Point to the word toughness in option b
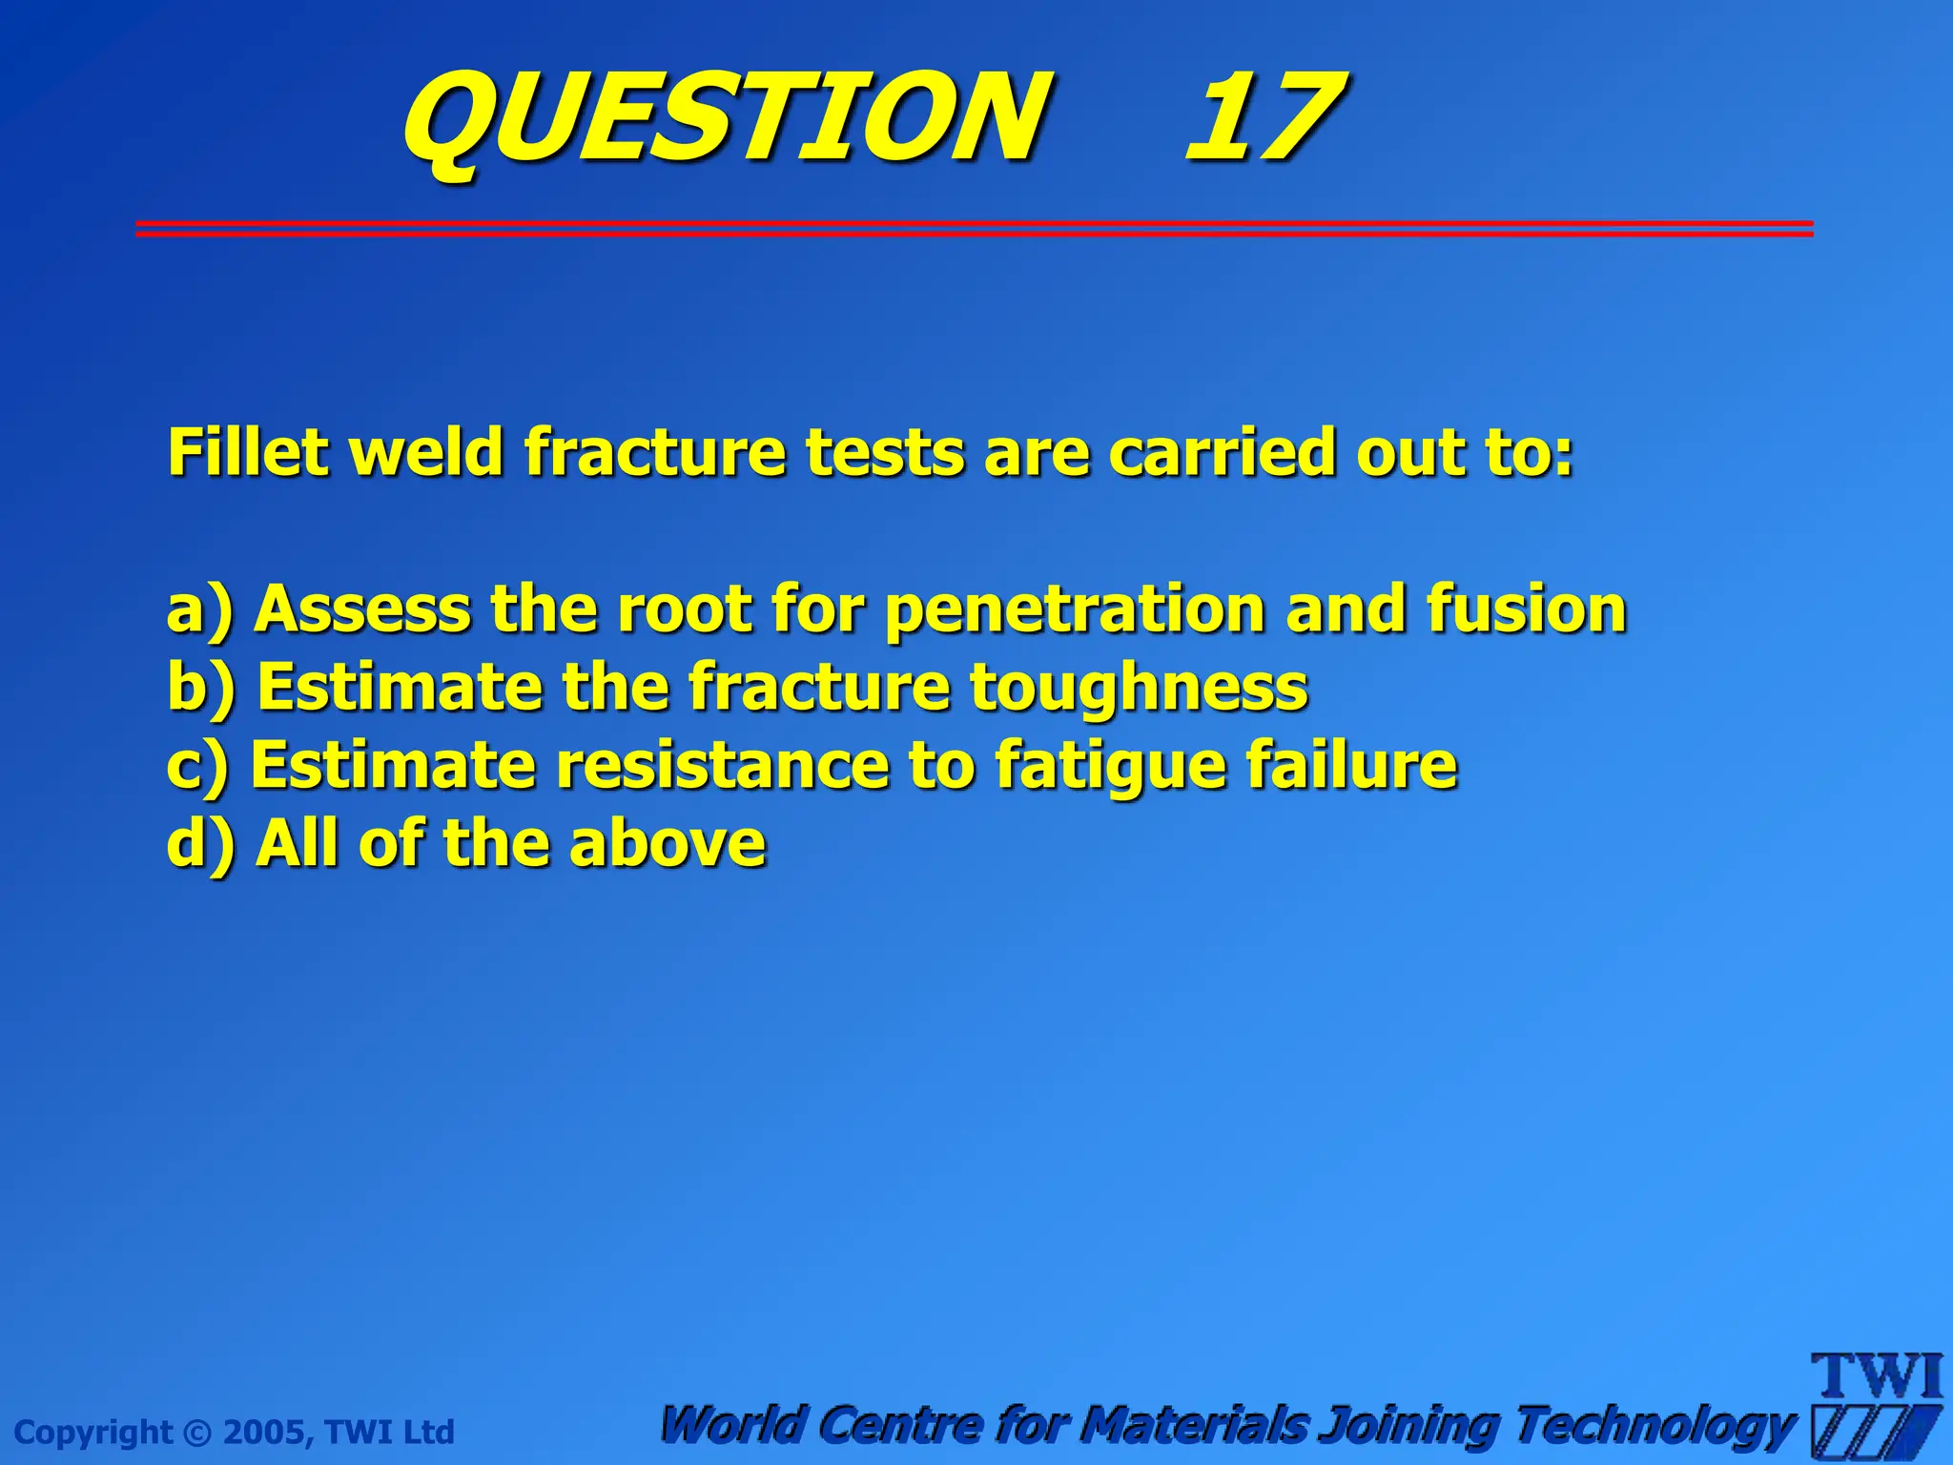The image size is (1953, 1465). [x=1139, y=687]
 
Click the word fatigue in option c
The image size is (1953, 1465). [x=1110, y=766]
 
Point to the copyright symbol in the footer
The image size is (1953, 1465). [x=197, y=1433]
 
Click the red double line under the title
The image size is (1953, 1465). [x=973, y=228]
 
